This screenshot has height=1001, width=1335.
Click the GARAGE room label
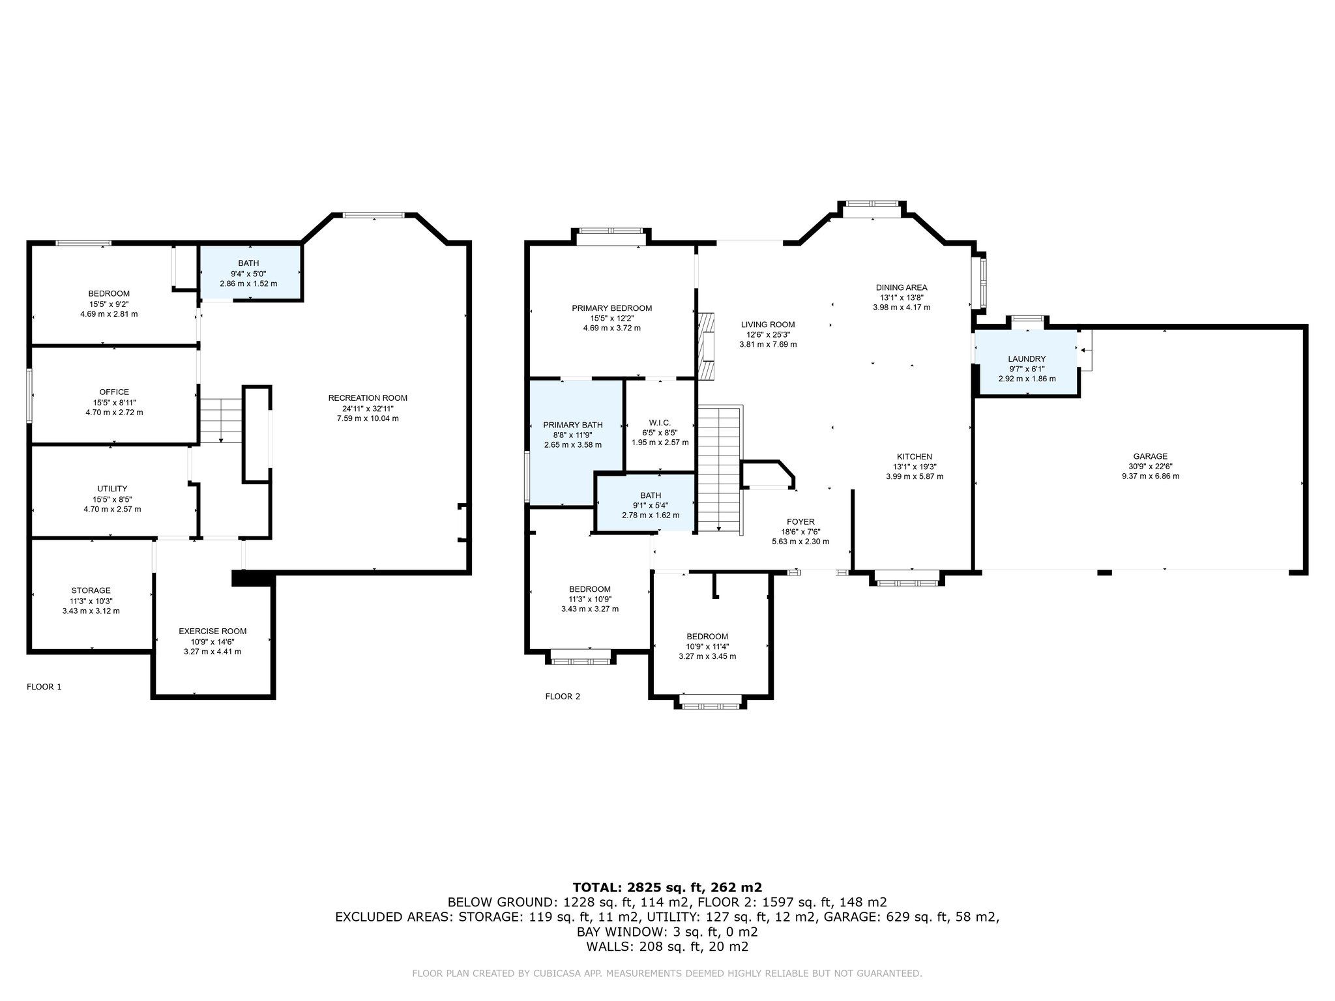tap(1150, 456)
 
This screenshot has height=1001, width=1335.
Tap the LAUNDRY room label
tap(1027, 358)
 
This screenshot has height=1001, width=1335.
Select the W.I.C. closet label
tap(660, 423)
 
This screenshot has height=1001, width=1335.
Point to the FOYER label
tap(800, 521)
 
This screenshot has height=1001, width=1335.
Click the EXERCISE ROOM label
tap(213, 631)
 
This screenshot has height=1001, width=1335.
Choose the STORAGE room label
tap(91, 590)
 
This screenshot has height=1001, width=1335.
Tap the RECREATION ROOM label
tap(368, 398)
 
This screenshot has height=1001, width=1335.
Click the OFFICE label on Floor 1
tap(114, 392)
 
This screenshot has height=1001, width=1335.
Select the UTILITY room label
tap(112, 488)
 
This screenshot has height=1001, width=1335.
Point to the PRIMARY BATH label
tap(573, 425)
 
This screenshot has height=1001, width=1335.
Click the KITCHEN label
tap(914, 456)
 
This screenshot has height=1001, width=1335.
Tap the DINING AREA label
tap(901, 287)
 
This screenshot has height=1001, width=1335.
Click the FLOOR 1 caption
tap(44, 686)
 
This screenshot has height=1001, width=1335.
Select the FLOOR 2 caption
tap(563, 696)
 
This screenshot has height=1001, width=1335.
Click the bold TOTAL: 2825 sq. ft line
tap(667, 887)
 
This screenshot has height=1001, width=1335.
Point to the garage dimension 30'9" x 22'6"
tap(1151, 466)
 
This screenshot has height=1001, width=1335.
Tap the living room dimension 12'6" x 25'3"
tap(768, 334)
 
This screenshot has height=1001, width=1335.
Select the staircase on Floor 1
tap(221, 421)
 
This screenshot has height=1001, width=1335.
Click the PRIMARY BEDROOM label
tap(611, 308)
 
